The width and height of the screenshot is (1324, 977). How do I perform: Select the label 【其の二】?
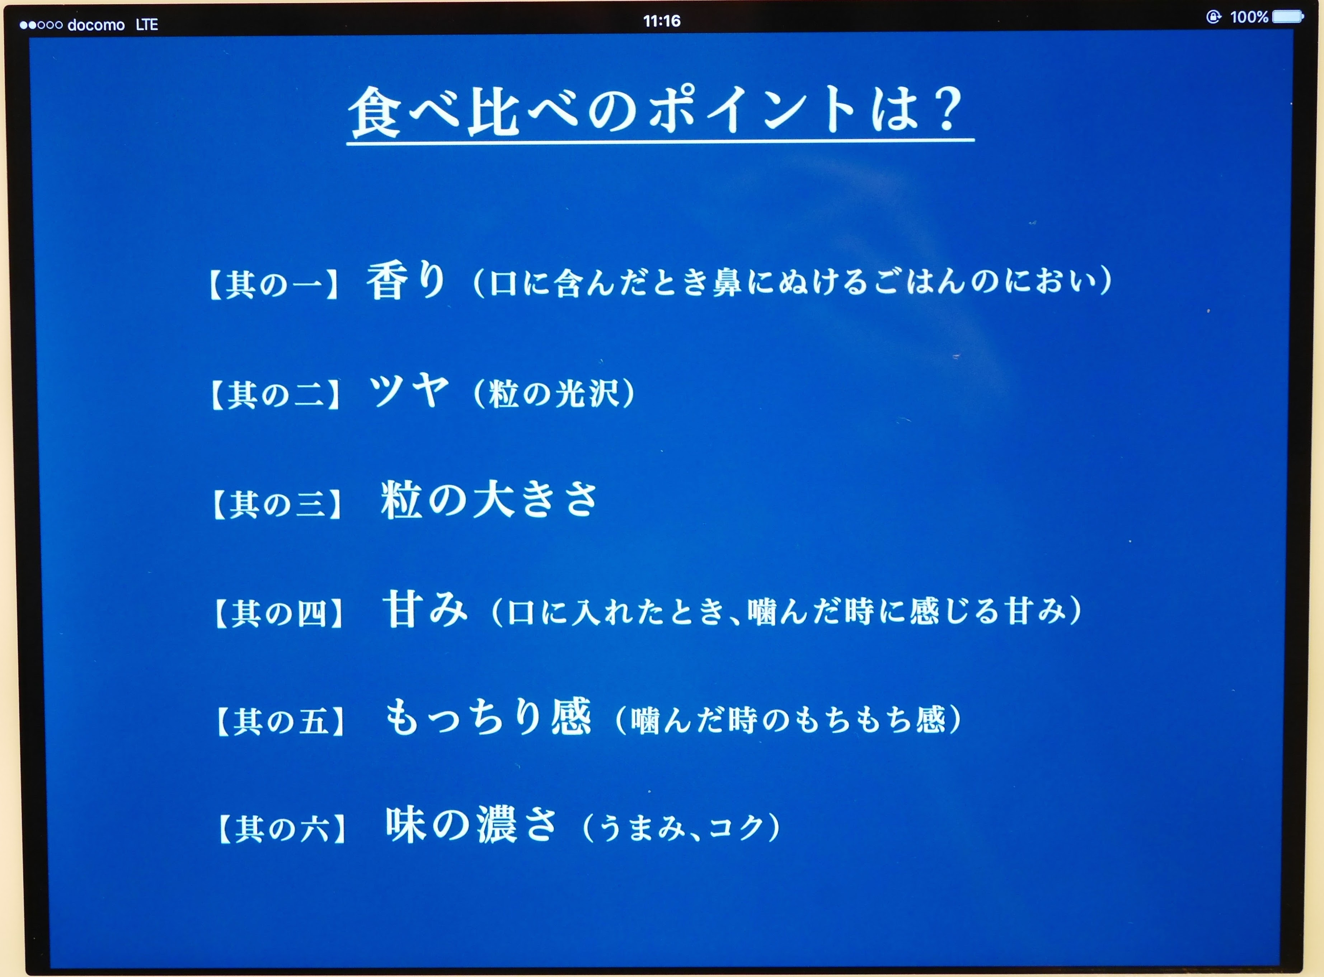(276, 394)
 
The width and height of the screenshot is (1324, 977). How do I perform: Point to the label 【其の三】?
(277, 504)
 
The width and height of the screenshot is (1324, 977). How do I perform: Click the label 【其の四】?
(279, 613)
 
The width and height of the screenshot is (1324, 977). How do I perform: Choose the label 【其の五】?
(281, 721)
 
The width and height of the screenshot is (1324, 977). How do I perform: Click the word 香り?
(406, 280)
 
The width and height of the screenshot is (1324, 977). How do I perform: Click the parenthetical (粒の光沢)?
(555, 393)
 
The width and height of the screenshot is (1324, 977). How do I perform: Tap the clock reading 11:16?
(662, 21)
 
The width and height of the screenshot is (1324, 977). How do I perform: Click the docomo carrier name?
(96, 25)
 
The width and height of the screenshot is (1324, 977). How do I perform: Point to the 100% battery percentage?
(1249, 17)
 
